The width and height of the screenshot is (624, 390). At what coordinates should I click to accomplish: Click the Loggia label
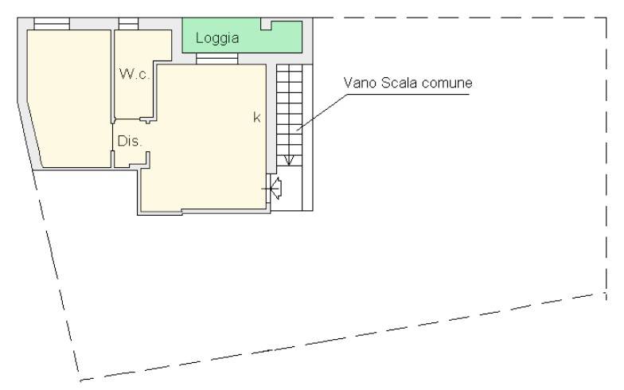217,38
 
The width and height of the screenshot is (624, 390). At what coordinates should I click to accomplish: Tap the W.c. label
135,74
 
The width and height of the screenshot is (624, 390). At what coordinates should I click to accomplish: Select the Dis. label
129,141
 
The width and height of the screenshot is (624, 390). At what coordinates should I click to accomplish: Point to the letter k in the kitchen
257,117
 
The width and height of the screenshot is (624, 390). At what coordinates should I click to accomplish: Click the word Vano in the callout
360,83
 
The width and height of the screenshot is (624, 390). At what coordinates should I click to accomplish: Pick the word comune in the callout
447,83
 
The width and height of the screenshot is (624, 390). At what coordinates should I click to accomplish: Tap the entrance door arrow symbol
275,188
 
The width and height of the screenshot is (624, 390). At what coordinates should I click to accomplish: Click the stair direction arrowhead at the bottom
289,161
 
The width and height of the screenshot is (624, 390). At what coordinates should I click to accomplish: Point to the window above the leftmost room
52,24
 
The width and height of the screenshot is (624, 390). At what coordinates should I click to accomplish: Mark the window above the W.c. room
129,24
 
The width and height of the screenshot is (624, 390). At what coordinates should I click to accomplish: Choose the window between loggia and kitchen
216,59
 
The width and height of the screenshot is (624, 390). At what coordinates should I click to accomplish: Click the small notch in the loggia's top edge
266,25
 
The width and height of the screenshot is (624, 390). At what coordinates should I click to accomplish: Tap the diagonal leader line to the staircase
322,113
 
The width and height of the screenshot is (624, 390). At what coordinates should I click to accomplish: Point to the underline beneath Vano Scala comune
408,94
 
